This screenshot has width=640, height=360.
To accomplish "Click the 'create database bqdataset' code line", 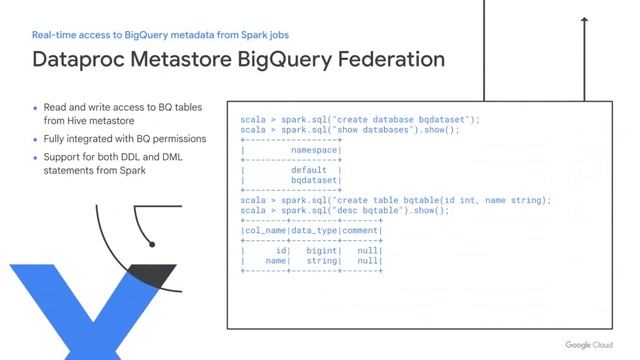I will pos(361,120).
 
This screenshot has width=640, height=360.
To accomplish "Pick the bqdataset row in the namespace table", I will pos(311,180).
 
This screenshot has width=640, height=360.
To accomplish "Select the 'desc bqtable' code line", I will pos(345,211).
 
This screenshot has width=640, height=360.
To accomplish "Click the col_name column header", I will pos(265,231).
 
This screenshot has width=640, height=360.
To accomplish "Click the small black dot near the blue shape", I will pos(151,243).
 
